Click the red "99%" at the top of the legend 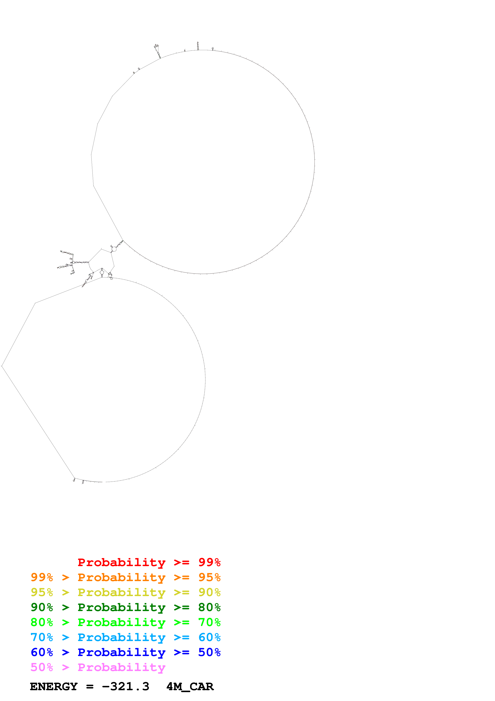tap(209, 562)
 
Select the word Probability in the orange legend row tap(121, 577)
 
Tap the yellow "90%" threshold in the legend tap(209, 592)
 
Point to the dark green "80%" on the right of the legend tap(209, 607)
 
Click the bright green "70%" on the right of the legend tap(209, 622)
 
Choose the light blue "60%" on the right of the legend tap(209, 637)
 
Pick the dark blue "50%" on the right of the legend tap(209, 652)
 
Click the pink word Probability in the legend tap(121, 667)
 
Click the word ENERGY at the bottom tap(54, 686)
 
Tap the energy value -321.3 tap(126, 686)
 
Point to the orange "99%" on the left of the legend tap(42, 577)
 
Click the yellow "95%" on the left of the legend tap(42, 592)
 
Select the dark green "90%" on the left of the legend tap(42, 607)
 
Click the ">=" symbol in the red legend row tap(182, 562)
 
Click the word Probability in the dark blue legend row tap(121, 652)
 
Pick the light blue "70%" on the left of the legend tap(42, 637)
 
